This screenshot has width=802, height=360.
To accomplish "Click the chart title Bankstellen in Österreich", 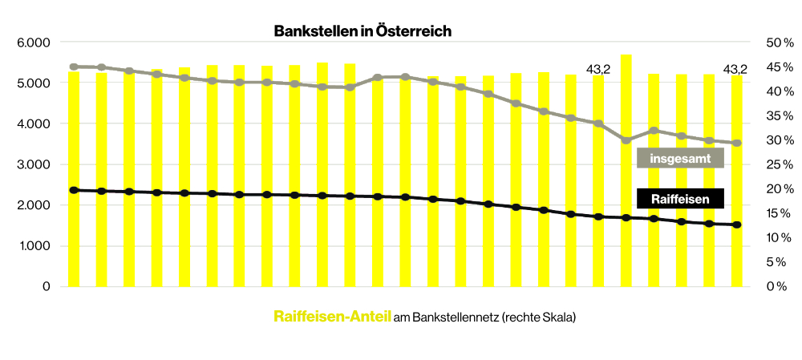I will [x=363, y=31].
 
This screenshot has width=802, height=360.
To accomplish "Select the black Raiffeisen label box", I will [x=680, y=198].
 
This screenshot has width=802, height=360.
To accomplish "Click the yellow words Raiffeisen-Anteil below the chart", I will [x=332, y=317].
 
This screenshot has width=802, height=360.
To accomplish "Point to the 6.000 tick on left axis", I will [x=34, y=42].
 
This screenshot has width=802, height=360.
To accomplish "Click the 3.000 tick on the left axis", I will [x=34, y=164].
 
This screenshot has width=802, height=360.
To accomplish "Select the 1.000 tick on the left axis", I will [x=34, y=246].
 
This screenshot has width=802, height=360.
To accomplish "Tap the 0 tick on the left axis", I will [x=47, y=286].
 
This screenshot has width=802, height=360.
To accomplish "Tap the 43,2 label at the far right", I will [x=735, y=70].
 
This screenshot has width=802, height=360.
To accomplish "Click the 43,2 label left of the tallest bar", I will [x=598, y=70].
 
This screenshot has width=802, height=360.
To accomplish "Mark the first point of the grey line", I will [x=74, y=67].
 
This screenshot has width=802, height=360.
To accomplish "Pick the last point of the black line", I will [x=736, y=225].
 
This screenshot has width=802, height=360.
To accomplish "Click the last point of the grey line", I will [x=736, y=143].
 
